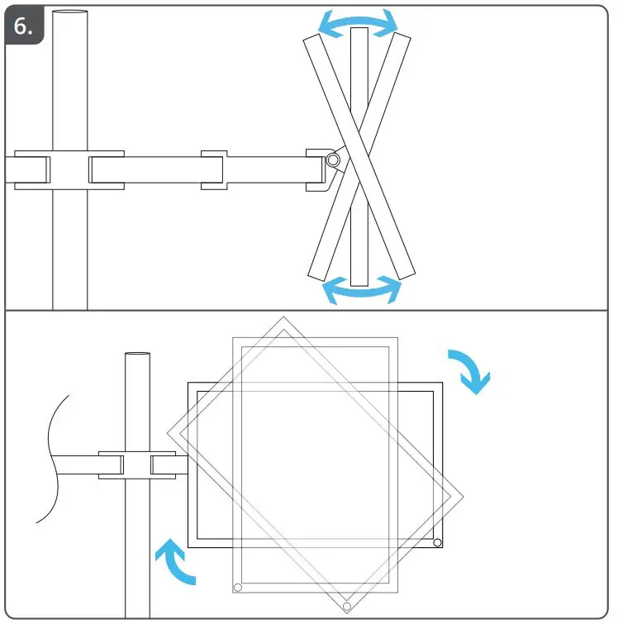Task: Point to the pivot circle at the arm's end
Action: pyautogui.click(x=332, y=160)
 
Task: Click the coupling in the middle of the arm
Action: pyautogui.click(x=214, y=169)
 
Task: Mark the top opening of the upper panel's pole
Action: pyautogui.click(x=70, y=12)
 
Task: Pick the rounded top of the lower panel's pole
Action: pyautogui.click(x=138, y=355)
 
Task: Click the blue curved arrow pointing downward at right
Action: pyautogui.click(x=471, y=370)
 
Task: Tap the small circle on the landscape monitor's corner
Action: pyautogui.click(x=437, y=543)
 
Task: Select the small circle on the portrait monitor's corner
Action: pyautogui.click(x=238, y=588)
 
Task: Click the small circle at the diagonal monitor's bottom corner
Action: pyautogui.click(x=347, y=607)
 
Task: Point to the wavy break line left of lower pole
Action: pyautogui.click(x=51, y=459)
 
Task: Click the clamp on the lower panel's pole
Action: pyautogui.click(x=137, y=464)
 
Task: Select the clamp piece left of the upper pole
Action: pyautogui.click(x=33, y=169)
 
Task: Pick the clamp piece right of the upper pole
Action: pyautogui.click(x=107, y=169)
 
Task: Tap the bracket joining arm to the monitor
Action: pyautogui.click(x=317, y=169)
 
